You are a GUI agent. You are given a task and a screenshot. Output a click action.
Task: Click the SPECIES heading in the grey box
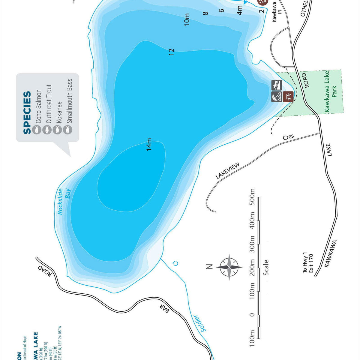pyautogui.click(x=27, y=112)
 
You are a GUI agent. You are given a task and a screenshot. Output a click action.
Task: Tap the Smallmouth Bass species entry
pyautogui.click(x=70, y=101)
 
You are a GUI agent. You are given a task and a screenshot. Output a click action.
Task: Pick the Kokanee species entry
pyautogui.click(x=59, y=112)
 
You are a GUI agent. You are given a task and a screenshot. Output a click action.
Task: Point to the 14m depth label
pyautogui.click(x=149, y=144)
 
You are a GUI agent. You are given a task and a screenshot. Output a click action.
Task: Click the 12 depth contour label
pyautogui.click(x=172, y=52)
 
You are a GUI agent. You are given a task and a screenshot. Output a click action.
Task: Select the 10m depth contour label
pyautogui.click(x=187, y=19)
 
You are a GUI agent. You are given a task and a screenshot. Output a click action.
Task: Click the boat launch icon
pyautogui.click(x=277, y=85)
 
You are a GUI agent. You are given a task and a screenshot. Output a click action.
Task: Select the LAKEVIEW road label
pyautogui.click(x=228, y=171)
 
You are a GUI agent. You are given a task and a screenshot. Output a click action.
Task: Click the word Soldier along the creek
pyautogui.click(x=199, y=323)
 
